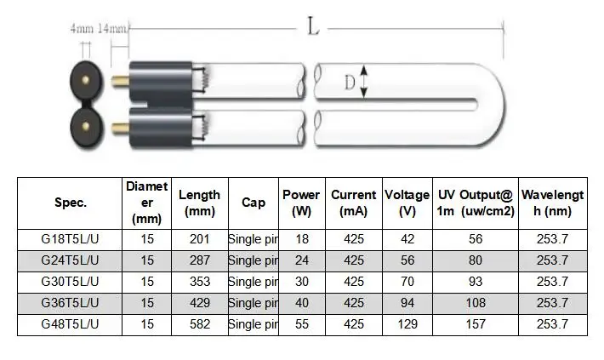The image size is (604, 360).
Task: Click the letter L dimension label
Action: tap(313, 26)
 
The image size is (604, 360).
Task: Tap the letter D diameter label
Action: tap(350, 83)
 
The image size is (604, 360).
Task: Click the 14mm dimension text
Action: tap(112, 29)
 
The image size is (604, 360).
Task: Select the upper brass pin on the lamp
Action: tap(120, 82)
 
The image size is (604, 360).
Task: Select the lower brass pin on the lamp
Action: tap(120, 128)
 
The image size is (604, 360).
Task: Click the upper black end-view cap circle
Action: tap(86, 81)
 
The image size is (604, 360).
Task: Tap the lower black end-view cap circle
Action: tap(86, 127)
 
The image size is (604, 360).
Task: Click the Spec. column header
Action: tap(70, 203)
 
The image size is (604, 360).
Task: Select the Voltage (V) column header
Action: tap(407, 203)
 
